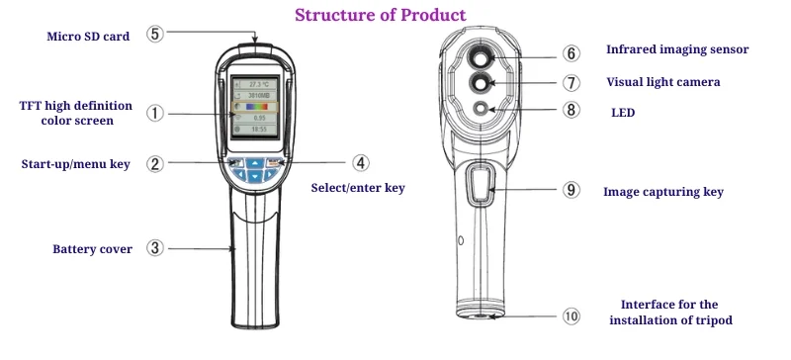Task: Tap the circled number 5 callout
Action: point(155,34)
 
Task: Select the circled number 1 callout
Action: point(155,113)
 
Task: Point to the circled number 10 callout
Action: point(571,316)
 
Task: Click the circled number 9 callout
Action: point(571,190)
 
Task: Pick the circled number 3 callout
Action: point(155,248)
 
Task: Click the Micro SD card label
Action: point(88,37)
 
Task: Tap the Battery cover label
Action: point(92,249)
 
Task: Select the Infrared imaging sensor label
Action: point(676,49)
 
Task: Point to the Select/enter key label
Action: point(358,187)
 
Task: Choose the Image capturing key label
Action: point(662,192)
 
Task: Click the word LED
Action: point(622,114)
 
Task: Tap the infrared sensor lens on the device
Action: point(482,54)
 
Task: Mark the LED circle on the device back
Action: point(482,109)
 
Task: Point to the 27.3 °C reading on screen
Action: point(259,86)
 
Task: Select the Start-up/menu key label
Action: point(76,164)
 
